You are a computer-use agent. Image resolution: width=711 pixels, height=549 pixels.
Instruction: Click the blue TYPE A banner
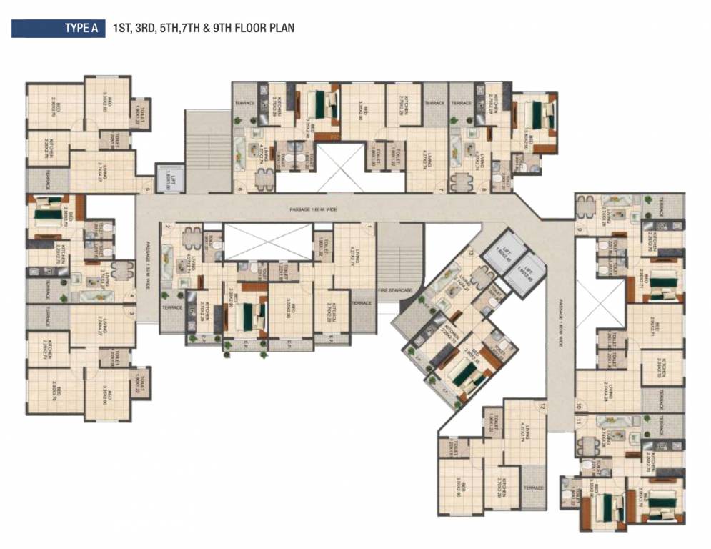57,29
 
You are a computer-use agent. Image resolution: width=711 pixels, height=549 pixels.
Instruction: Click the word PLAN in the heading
280,29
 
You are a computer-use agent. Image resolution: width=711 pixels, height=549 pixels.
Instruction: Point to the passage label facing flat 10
562,322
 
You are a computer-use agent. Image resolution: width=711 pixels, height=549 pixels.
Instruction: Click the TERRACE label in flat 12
533,488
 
